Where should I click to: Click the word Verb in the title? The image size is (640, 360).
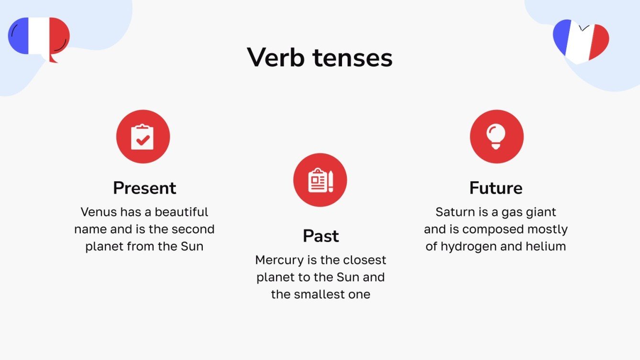click(x=276, y=58)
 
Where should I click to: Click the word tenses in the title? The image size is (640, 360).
click(x=353, y=58)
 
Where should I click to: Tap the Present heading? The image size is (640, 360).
click(x=144, y=188)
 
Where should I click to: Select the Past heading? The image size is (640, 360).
click(x=320, y=236)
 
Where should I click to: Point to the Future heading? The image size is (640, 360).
click(x=496, y=188)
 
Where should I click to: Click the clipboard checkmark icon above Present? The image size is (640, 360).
click(x=143, y=137)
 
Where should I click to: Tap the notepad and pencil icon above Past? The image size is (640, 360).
click(x=320, y=180)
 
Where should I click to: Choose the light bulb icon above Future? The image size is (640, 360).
click(x=496, y=136)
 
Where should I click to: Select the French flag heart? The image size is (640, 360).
click(x=581, y=41)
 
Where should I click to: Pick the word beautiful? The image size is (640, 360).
click(x=182, y=212)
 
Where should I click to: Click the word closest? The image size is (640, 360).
click(x=362, y=260)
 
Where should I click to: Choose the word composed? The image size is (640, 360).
click(x=493, y=229)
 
